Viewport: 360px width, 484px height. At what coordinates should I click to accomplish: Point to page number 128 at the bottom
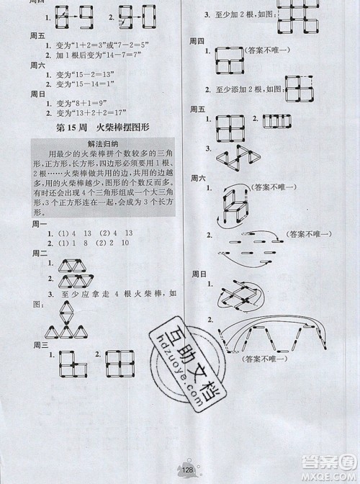coord(187,470)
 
